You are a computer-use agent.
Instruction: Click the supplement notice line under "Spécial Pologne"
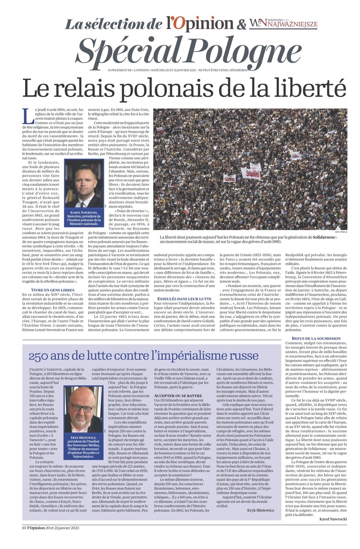180,70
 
